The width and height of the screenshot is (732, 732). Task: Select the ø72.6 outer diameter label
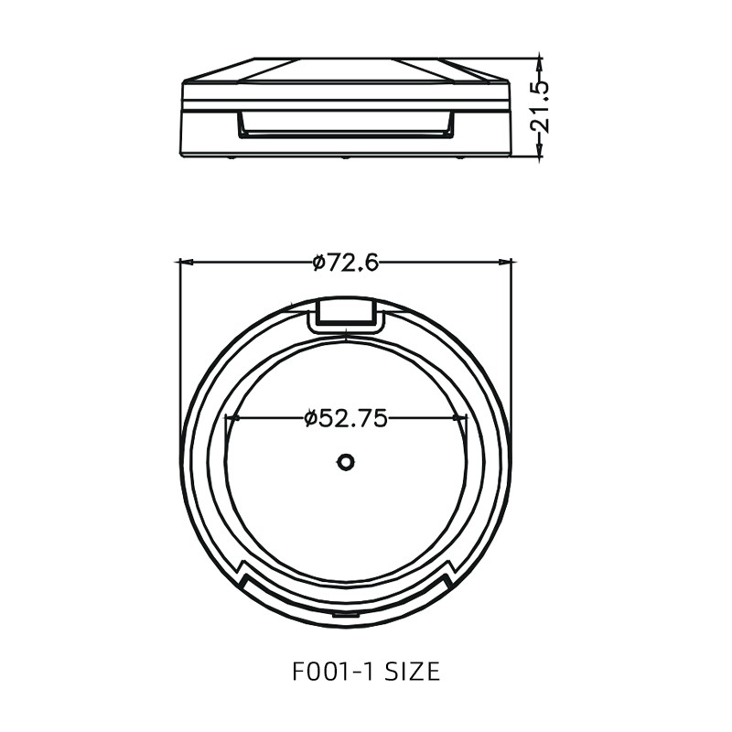point(345,263)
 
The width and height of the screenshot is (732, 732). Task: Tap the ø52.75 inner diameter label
point(346,418)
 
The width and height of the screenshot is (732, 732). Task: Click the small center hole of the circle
point(345,462)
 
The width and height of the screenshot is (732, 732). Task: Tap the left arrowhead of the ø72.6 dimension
point(184,263)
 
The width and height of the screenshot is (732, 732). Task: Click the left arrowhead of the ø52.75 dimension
point(231,418)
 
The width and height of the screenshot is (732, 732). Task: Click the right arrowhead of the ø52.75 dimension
point(460,418)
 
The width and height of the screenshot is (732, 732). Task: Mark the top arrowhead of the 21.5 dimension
point(540,61)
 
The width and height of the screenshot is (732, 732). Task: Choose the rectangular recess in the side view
point(345,124)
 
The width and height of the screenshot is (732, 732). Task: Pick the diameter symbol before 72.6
point(318,264)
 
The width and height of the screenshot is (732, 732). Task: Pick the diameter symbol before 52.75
point(311,419)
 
